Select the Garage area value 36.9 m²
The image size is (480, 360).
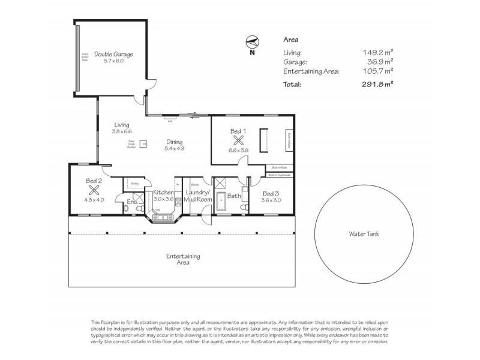point(381,62)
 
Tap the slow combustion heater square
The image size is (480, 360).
point(143,143)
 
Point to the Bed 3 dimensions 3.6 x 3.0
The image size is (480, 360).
point(271,200)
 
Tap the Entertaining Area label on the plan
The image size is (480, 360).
point(183,259)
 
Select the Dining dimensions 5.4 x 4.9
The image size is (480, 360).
point(175,148)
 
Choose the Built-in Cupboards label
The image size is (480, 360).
point(280,175)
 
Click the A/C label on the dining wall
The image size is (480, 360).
point(170,120)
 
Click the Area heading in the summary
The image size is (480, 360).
point(290,40)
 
